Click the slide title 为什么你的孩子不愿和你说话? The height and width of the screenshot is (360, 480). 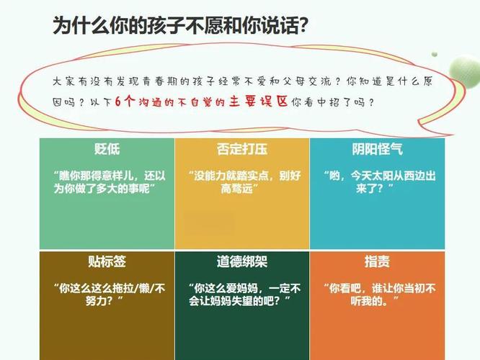click(180, 25)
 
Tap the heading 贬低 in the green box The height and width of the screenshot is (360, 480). click(107, 149)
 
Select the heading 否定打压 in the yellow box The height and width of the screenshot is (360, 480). click(242, 149)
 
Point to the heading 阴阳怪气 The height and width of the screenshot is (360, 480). click(377, 149)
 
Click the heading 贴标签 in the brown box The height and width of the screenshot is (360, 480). click(107, 262)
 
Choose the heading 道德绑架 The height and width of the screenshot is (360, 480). click(242, 262)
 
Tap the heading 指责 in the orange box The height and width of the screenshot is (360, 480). click(377, 262)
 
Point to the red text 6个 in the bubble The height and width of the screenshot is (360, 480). click(125, 102)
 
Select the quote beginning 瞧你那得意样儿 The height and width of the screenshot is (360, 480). click(110, 182)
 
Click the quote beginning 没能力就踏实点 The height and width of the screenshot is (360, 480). click(244, 182)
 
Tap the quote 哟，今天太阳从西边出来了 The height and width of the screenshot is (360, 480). click(379, 182)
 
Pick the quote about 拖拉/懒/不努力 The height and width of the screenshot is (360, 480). click(110, 295)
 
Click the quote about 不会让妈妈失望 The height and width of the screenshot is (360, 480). click(244, 295)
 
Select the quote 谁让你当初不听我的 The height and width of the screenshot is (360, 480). click(379, 295)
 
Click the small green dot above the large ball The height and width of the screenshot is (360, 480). click(434, 55)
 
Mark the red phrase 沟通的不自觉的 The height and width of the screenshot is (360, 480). click(182, 102)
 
